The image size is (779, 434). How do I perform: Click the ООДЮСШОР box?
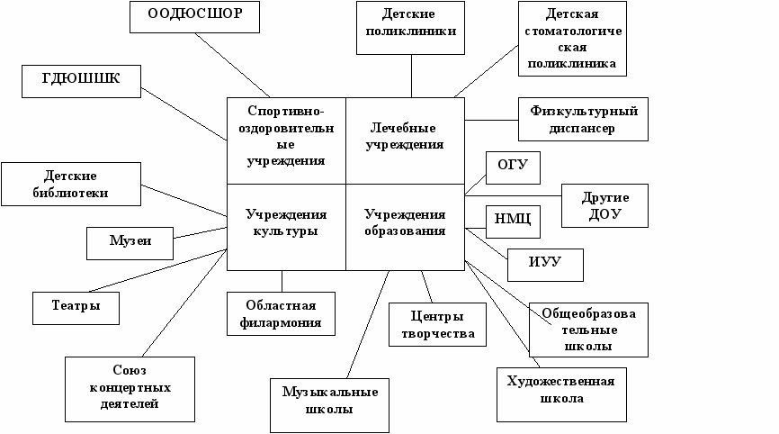click(x=194, y=15)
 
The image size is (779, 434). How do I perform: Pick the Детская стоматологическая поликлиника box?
click(x=573, y=39)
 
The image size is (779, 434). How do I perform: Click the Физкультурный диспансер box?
click(x=583, y=120)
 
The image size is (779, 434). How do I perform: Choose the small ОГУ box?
click(x=512, y=167)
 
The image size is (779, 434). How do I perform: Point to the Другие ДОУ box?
click(x=604, y=206)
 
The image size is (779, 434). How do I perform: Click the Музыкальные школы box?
click(x=329, y=401)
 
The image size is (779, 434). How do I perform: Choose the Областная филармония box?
click(x=282, y=313)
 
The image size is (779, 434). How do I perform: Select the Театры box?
click(x=77, y=307)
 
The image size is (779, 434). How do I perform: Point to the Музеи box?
click(x=130, y=241)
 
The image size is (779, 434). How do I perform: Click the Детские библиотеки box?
click(x=71, y=184)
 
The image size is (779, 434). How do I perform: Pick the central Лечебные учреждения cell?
click(x=405, y=137)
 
